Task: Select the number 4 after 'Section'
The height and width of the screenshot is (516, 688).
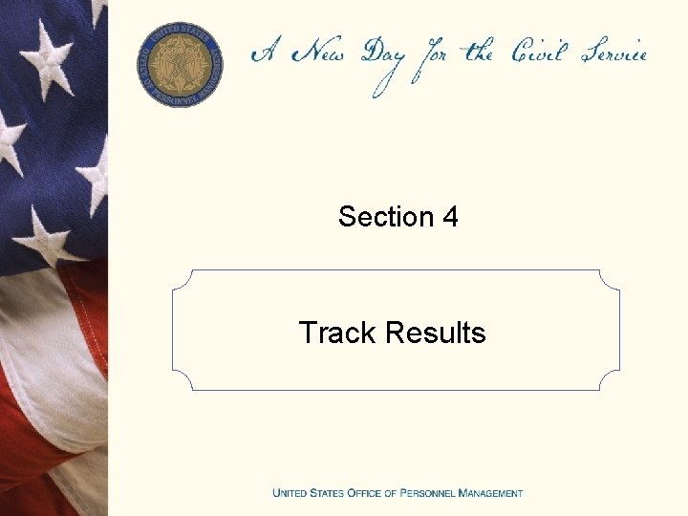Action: (x=450, y=217)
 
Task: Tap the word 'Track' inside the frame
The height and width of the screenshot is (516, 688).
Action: (x=338, y=333)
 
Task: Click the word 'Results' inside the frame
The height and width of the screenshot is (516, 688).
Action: (x=436, y=333)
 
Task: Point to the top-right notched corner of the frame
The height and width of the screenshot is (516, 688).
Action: (x=609, y=281)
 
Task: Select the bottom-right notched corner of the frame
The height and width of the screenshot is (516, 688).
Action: (x=609, y=379)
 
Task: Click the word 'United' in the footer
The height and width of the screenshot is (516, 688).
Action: (x=291, y=493)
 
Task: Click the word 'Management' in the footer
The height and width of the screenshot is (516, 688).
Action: (x=491, y=493)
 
